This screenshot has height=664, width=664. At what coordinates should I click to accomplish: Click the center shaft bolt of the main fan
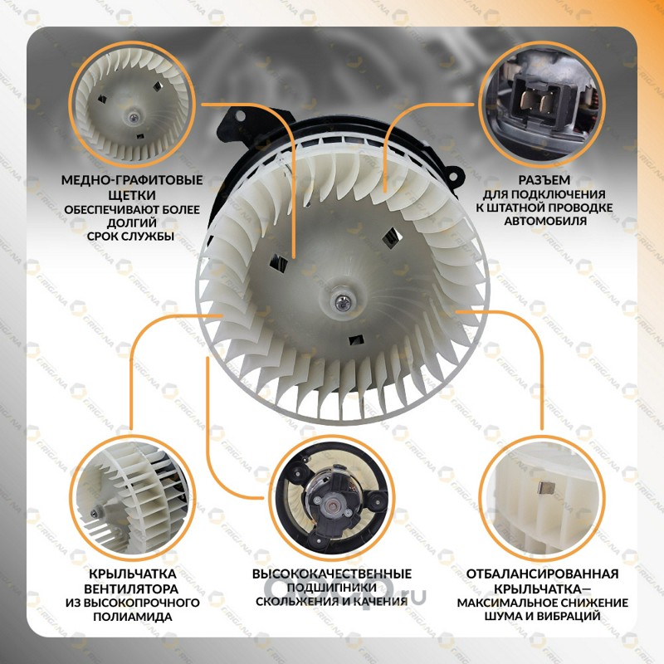point(342,301)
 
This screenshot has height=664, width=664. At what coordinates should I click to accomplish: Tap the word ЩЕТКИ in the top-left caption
point(132,195)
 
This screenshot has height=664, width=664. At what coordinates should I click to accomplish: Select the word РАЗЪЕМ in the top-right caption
point(544,180)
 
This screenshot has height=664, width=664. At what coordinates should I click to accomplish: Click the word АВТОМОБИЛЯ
point(545,221)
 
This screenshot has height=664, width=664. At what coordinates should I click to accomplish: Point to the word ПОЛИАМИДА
point(133,617)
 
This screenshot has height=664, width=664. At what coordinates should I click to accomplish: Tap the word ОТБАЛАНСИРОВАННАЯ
point(543,574)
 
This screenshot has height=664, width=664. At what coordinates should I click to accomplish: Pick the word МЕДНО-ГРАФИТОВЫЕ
point(132,180)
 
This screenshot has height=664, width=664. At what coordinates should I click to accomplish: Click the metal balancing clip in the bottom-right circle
point(545,488)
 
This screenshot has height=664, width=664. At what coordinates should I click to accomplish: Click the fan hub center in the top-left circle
point(134,117)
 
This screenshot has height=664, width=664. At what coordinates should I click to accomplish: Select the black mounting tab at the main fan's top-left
point(237,124)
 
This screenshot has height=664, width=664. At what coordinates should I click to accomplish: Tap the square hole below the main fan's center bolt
point(356,340)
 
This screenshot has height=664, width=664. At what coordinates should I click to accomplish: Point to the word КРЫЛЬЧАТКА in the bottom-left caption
point(133,574)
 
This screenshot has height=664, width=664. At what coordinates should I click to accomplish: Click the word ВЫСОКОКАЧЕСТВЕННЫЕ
point(331,574)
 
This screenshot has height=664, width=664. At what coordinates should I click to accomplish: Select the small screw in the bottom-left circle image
point(94,514)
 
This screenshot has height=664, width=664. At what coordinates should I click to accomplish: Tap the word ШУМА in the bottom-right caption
point(503,616)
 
